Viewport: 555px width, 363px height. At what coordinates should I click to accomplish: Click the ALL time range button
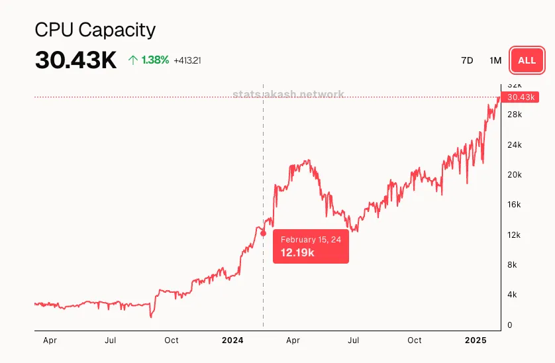(527, 60)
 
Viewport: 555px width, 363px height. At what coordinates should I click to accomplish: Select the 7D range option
(467, 60)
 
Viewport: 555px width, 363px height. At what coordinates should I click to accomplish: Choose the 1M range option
(495, 60)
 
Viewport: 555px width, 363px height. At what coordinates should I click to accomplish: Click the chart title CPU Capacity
(95, 30)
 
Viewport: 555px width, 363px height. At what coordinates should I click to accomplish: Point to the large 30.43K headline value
(76, 61)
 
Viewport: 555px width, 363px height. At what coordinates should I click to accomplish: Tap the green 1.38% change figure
(156, 60)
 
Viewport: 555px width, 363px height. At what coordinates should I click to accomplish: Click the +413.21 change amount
(187, 60)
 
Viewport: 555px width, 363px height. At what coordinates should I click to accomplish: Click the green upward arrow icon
(133, 60)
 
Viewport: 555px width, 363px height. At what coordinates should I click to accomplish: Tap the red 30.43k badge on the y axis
(521, 97)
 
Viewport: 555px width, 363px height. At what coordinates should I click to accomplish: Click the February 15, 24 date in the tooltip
(311, 239)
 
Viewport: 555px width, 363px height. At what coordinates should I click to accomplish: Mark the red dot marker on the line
(264, 233)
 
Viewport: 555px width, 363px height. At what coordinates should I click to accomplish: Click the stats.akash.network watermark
(289, 95)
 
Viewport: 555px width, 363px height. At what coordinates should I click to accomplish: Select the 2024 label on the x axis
(232, 340)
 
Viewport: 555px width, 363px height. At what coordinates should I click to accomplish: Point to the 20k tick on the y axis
(514, 175)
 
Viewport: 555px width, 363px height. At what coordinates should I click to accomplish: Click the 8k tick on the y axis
(512, 265)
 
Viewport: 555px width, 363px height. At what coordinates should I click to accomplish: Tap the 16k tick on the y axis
(514, 205)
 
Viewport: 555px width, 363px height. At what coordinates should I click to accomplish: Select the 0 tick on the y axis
(509, 325)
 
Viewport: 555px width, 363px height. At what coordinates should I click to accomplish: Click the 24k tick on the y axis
(514, 145)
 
